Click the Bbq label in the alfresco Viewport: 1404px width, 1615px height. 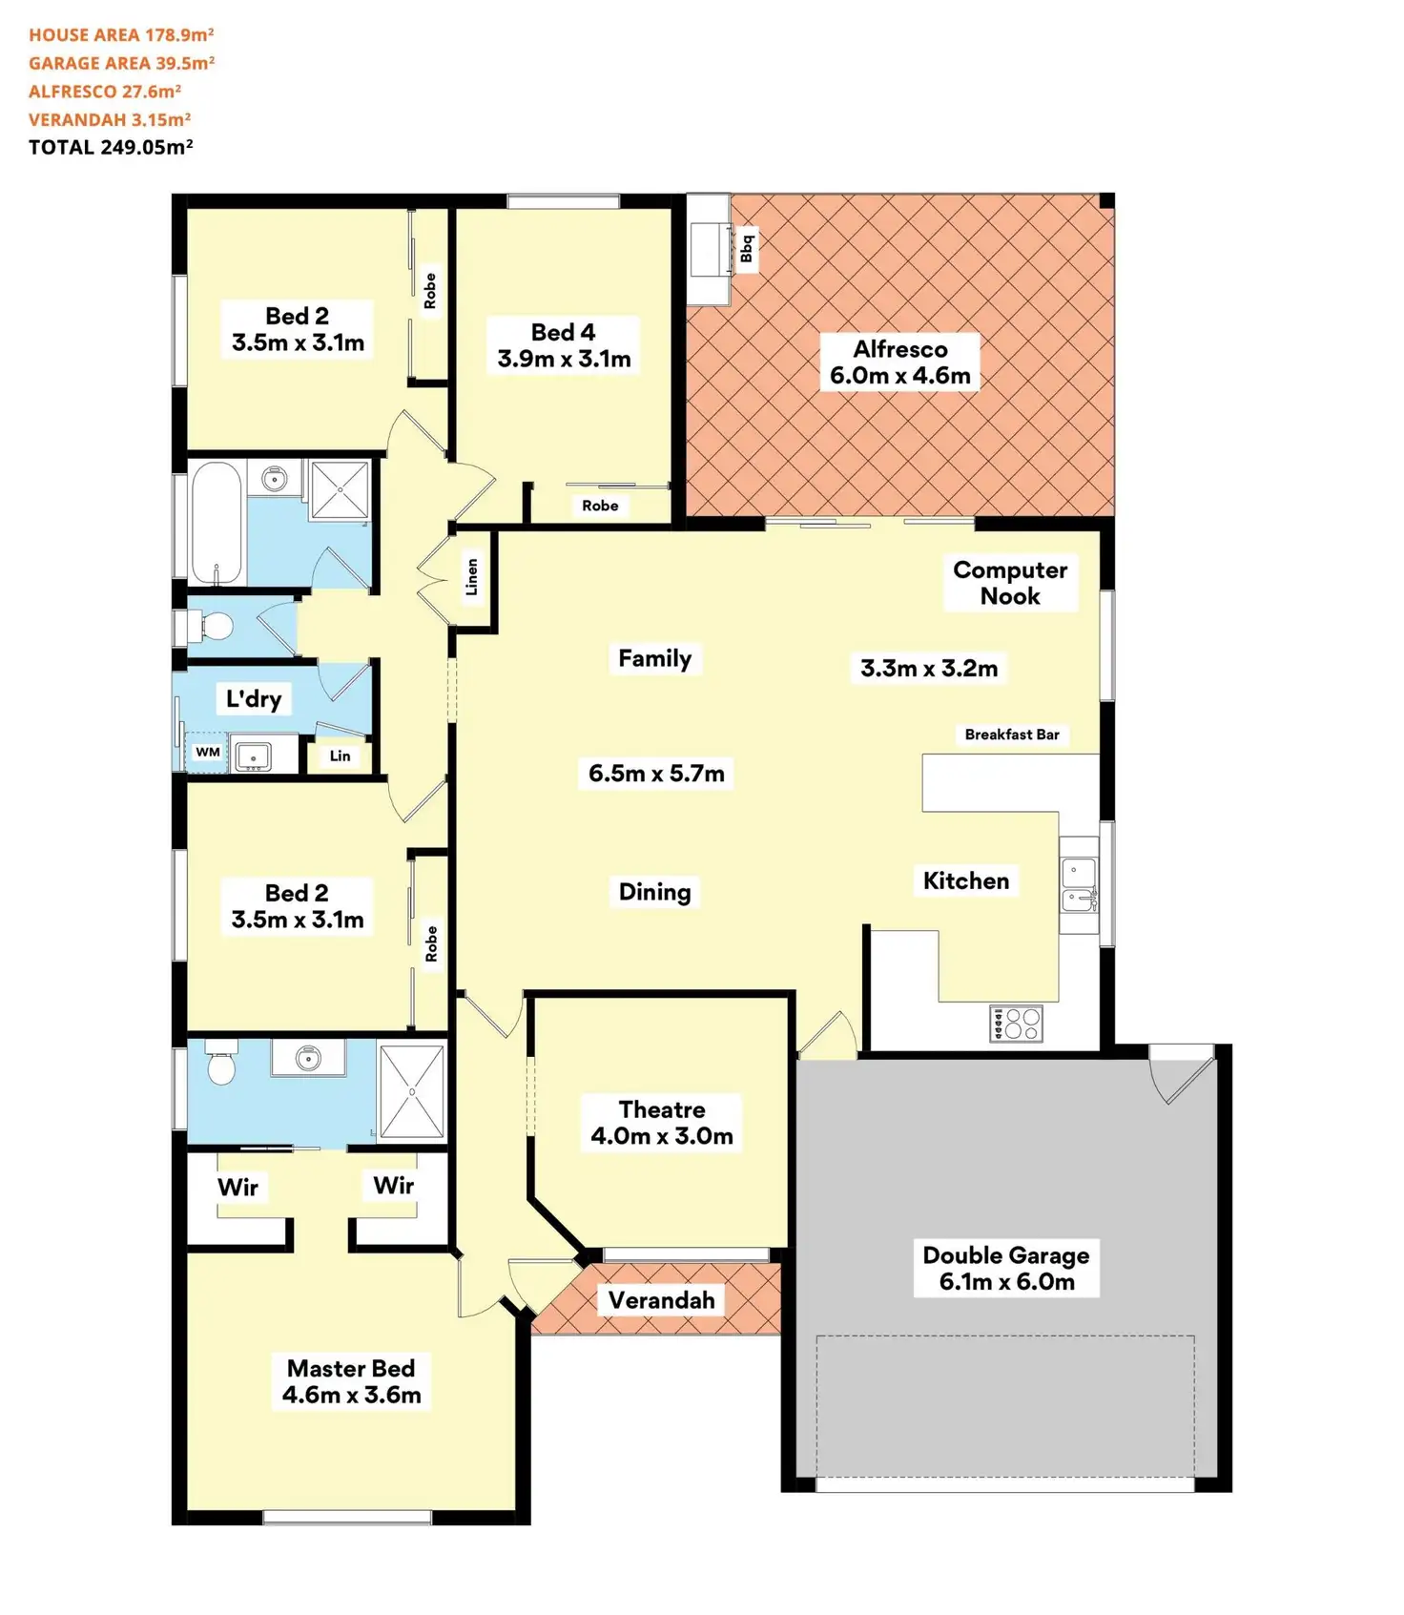[x=747, y=248]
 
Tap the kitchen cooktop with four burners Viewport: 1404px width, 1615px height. [x=1017, y=1024]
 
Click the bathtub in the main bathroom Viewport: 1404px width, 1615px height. [x=217, y=522]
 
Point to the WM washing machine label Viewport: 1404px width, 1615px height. [x=208, y=752]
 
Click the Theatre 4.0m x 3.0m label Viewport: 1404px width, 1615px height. [x=662, y=1123]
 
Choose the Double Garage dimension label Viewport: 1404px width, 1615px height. [x=1006, y=1268]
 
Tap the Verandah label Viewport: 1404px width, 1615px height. [x=661, y=1300]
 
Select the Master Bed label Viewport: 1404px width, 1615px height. [x=351, y=1381]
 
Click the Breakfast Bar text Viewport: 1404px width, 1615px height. [x=1012, y=735]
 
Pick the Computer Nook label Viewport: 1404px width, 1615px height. [x=1010, y=583]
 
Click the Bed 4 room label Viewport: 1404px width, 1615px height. [x=564, y=345]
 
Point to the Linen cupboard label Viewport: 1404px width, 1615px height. [x=471, y=577]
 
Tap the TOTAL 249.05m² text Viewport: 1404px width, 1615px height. [x=111, y=147]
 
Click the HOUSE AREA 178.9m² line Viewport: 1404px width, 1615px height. [x=121, y=35]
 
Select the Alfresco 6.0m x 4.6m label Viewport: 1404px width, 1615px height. [x=900, y=362]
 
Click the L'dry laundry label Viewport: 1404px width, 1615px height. [x=254, y=698]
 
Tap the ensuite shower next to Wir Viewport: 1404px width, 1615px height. [x=411, y=1091]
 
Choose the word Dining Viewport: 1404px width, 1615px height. [x=654, y=892]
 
